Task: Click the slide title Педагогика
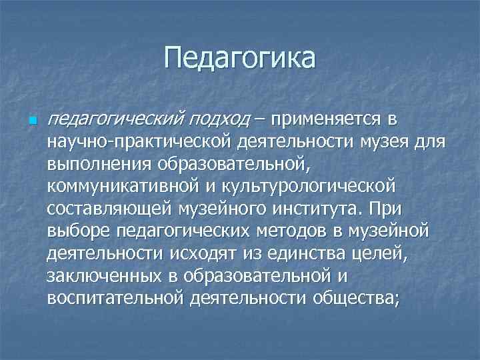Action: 239,59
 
